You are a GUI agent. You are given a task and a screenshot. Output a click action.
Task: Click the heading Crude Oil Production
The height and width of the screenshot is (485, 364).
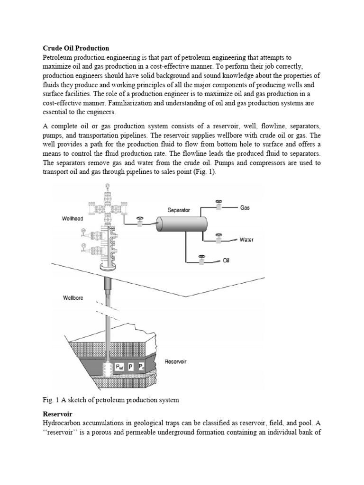[x=76, y=48]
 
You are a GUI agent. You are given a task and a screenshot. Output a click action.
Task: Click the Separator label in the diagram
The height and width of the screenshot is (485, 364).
[x=178, y=209]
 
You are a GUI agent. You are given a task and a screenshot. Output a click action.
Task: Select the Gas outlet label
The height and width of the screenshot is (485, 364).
[x=245, y=207]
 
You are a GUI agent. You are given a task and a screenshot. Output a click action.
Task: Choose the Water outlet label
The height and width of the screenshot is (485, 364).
[x=246, y=240]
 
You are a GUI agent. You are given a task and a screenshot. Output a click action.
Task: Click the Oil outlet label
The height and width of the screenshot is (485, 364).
[x=226, y=260]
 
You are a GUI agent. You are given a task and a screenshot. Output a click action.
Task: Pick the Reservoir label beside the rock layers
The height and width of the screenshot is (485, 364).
[x=175, y=362]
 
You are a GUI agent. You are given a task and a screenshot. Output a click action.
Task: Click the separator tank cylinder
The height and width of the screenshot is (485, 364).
[x=182, y=223]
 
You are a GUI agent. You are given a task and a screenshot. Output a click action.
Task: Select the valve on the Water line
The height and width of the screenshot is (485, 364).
[x=218, y=237]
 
